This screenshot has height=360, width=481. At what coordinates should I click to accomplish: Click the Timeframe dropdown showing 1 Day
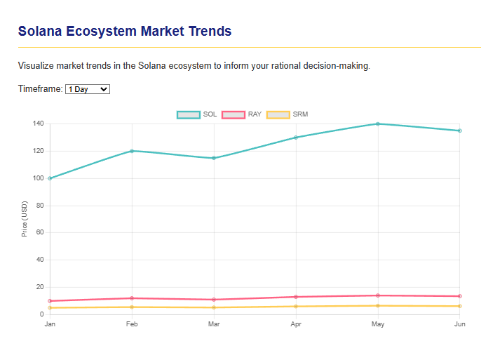[x=88, y=89]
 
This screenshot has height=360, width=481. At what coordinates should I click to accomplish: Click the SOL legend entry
[x=197, y=114]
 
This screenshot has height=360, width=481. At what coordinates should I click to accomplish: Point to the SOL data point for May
[x=378, y=124]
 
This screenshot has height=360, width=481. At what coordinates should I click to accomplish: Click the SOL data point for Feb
[x=132, y=151]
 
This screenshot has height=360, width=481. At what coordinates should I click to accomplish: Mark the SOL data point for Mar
[x=214, y=158]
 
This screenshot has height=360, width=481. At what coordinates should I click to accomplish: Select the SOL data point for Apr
[x=296, y=138]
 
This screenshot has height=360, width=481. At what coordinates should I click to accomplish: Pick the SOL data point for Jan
[x=50, y=178]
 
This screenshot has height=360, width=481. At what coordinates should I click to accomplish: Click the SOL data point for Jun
[x=460, y=131]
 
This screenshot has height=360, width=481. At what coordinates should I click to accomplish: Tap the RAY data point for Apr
[x=296, y=297]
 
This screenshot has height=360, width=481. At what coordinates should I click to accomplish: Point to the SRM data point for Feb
[x=132, y=307]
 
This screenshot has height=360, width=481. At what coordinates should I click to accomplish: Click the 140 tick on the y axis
[x=38, y=124]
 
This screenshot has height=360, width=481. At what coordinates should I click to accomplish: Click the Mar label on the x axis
[x=214, y=324]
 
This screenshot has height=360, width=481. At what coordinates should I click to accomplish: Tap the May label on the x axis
[x=378, y=324]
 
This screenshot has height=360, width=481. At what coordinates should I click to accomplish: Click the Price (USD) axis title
[x=25, y=219]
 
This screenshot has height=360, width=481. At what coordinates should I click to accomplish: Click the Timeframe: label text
[x=40, y=89]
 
